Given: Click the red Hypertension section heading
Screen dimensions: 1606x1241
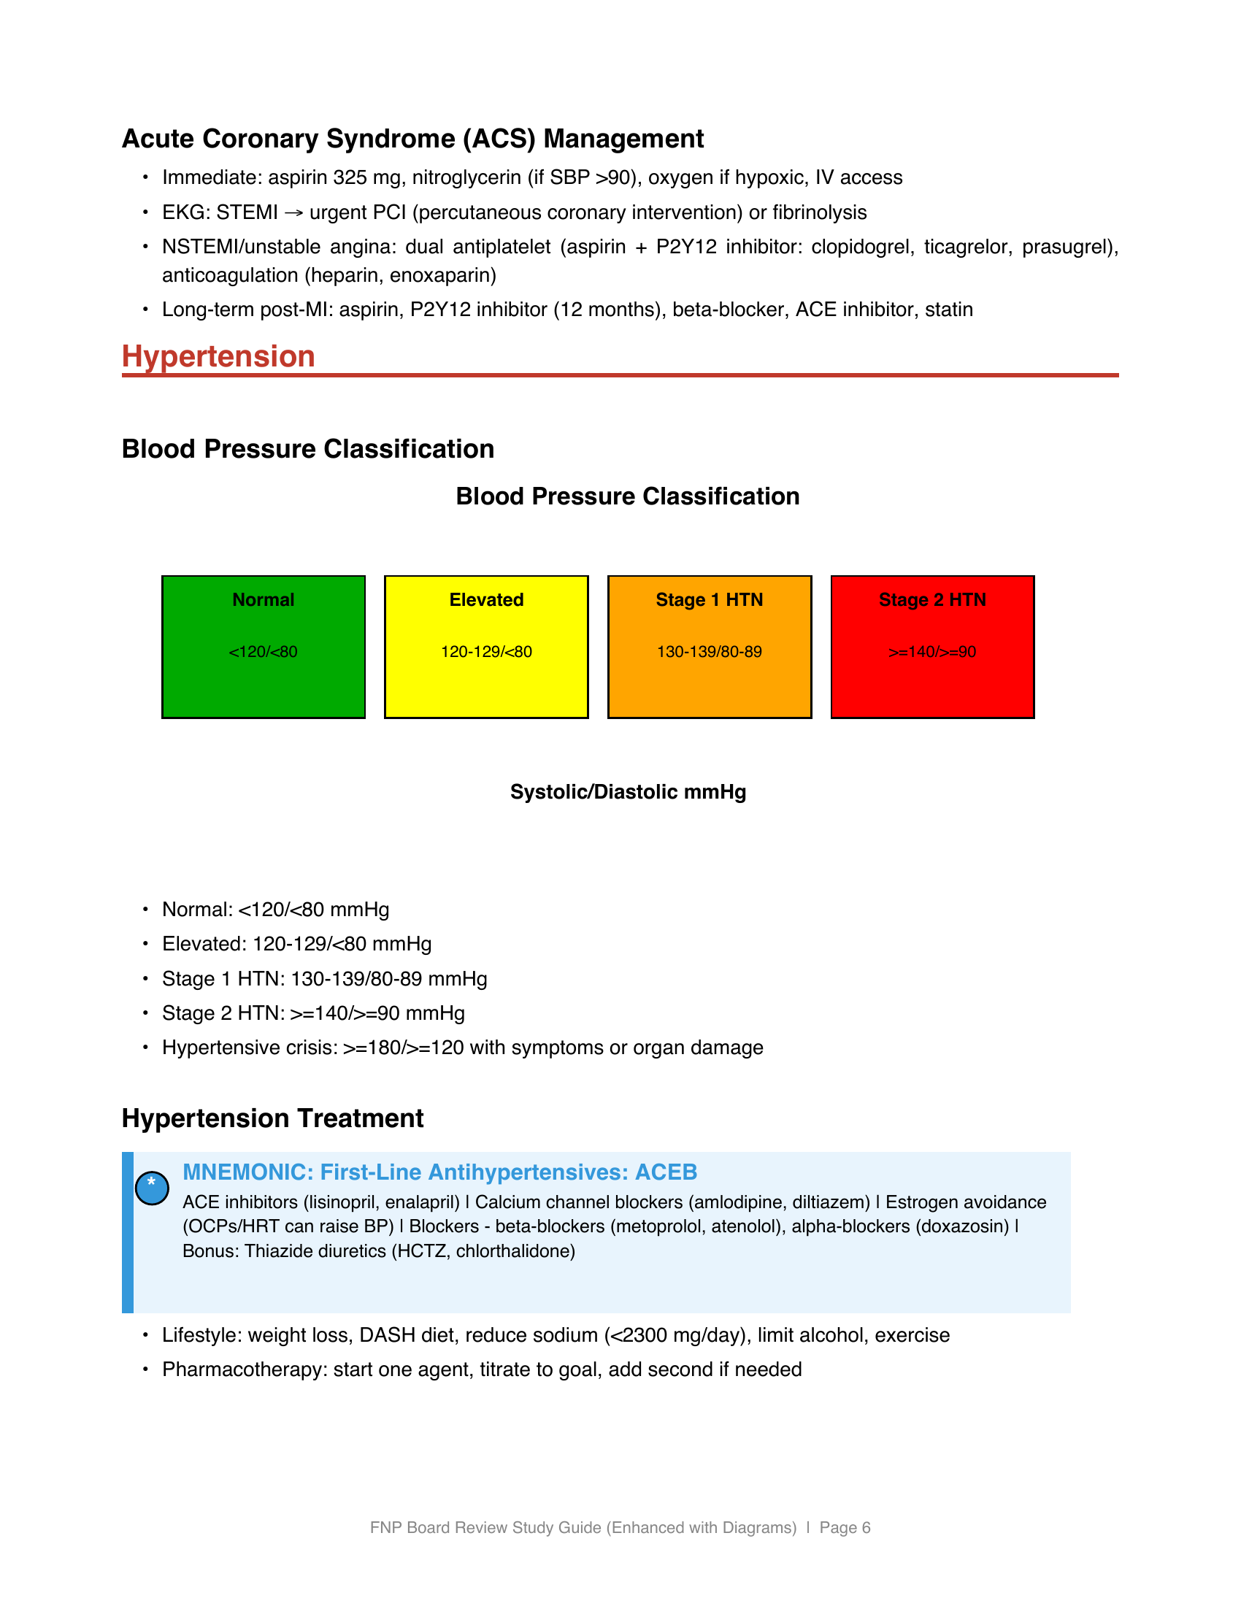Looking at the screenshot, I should (218, 357).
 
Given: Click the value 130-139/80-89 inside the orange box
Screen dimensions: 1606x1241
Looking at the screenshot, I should (709, 651).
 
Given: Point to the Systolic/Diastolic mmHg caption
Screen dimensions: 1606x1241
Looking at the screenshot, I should (628, 792).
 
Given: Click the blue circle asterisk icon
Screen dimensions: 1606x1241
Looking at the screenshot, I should (152, 1187).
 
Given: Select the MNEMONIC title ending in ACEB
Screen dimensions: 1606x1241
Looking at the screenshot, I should (439, 1172).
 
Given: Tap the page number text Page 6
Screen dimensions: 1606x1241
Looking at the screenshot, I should (845, 1527).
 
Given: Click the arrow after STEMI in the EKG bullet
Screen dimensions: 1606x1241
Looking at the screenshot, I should (293, 213).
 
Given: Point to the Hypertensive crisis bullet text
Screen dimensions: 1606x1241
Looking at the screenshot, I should (462, 1047).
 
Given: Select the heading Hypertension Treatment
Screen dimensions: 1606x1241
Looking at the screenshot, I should (273, 1118).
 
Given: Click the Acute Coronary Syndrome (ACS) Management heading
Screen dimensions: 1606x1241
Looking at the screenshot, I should (412, 139).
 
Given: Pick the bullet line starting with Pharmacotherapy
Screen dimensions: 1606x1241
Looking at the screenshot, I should (482, 1369).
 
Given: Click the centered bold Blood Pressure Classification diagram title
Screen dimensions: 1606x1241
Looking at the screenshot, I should (627, 496).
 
